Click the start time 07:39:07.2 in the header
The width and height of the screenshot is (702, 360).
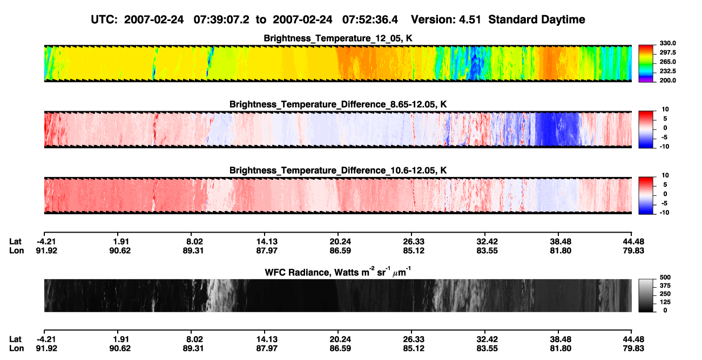click(221, 20)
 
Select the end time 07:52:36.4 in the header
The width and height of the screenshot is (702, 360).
click(370, 20)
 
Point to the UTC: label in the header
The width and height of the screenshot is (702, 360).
click(104, 20)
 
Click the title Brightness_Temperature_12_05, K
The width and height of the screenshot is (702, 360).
click(338, 38)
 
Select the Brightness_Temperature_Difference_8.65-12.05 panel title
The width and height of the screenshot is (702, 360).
click(338, 104)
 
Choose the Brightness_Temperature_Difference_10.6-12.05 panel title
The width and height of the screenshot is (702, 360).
click(338, 171)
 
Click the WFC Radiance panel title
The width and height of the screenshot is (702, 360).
click(338, 272)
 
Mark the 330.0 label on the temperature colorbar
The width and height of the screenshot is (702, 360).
click(667, 43)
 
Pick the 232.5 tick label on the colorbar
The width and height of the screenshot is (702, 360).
click(667, 71)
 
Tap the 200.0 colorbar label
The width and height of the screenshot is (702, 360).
click(667, 80)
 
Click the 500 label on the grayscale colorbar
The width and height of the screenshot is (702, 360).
click(665, 277)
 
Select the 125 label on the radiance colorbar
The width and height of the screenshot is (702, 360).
click(665, 302)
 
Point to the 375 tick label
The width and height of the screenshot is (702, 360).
click(665, 286)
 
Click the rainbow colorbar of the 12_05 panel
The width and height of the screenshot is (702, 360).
click(646, 64)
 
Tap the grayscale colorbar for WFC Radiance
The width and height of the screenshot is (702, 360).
click(646, 295)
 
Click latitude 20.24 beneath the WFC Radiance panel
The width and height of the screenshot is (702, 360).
click(340, 339)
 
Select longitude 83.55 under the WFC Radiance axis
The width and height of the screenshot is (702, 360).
click(487, 349)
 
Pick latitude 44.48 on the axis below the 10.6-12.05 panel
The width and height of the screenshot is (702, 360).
click(633, 242)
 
